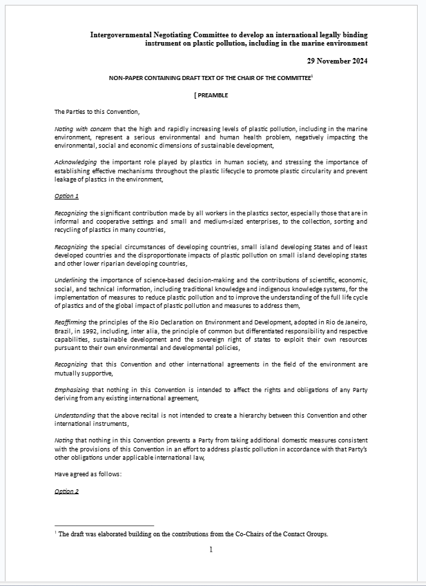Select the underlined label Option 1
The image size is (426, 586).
click(x=66, y=196)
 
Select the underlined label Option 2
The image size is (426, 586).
click(x=66, y=491)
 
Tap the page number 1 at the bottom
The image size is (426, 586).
click(x=211, y=549)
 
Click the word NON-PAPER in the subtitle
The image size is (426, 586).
click(x=126, y=79)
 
